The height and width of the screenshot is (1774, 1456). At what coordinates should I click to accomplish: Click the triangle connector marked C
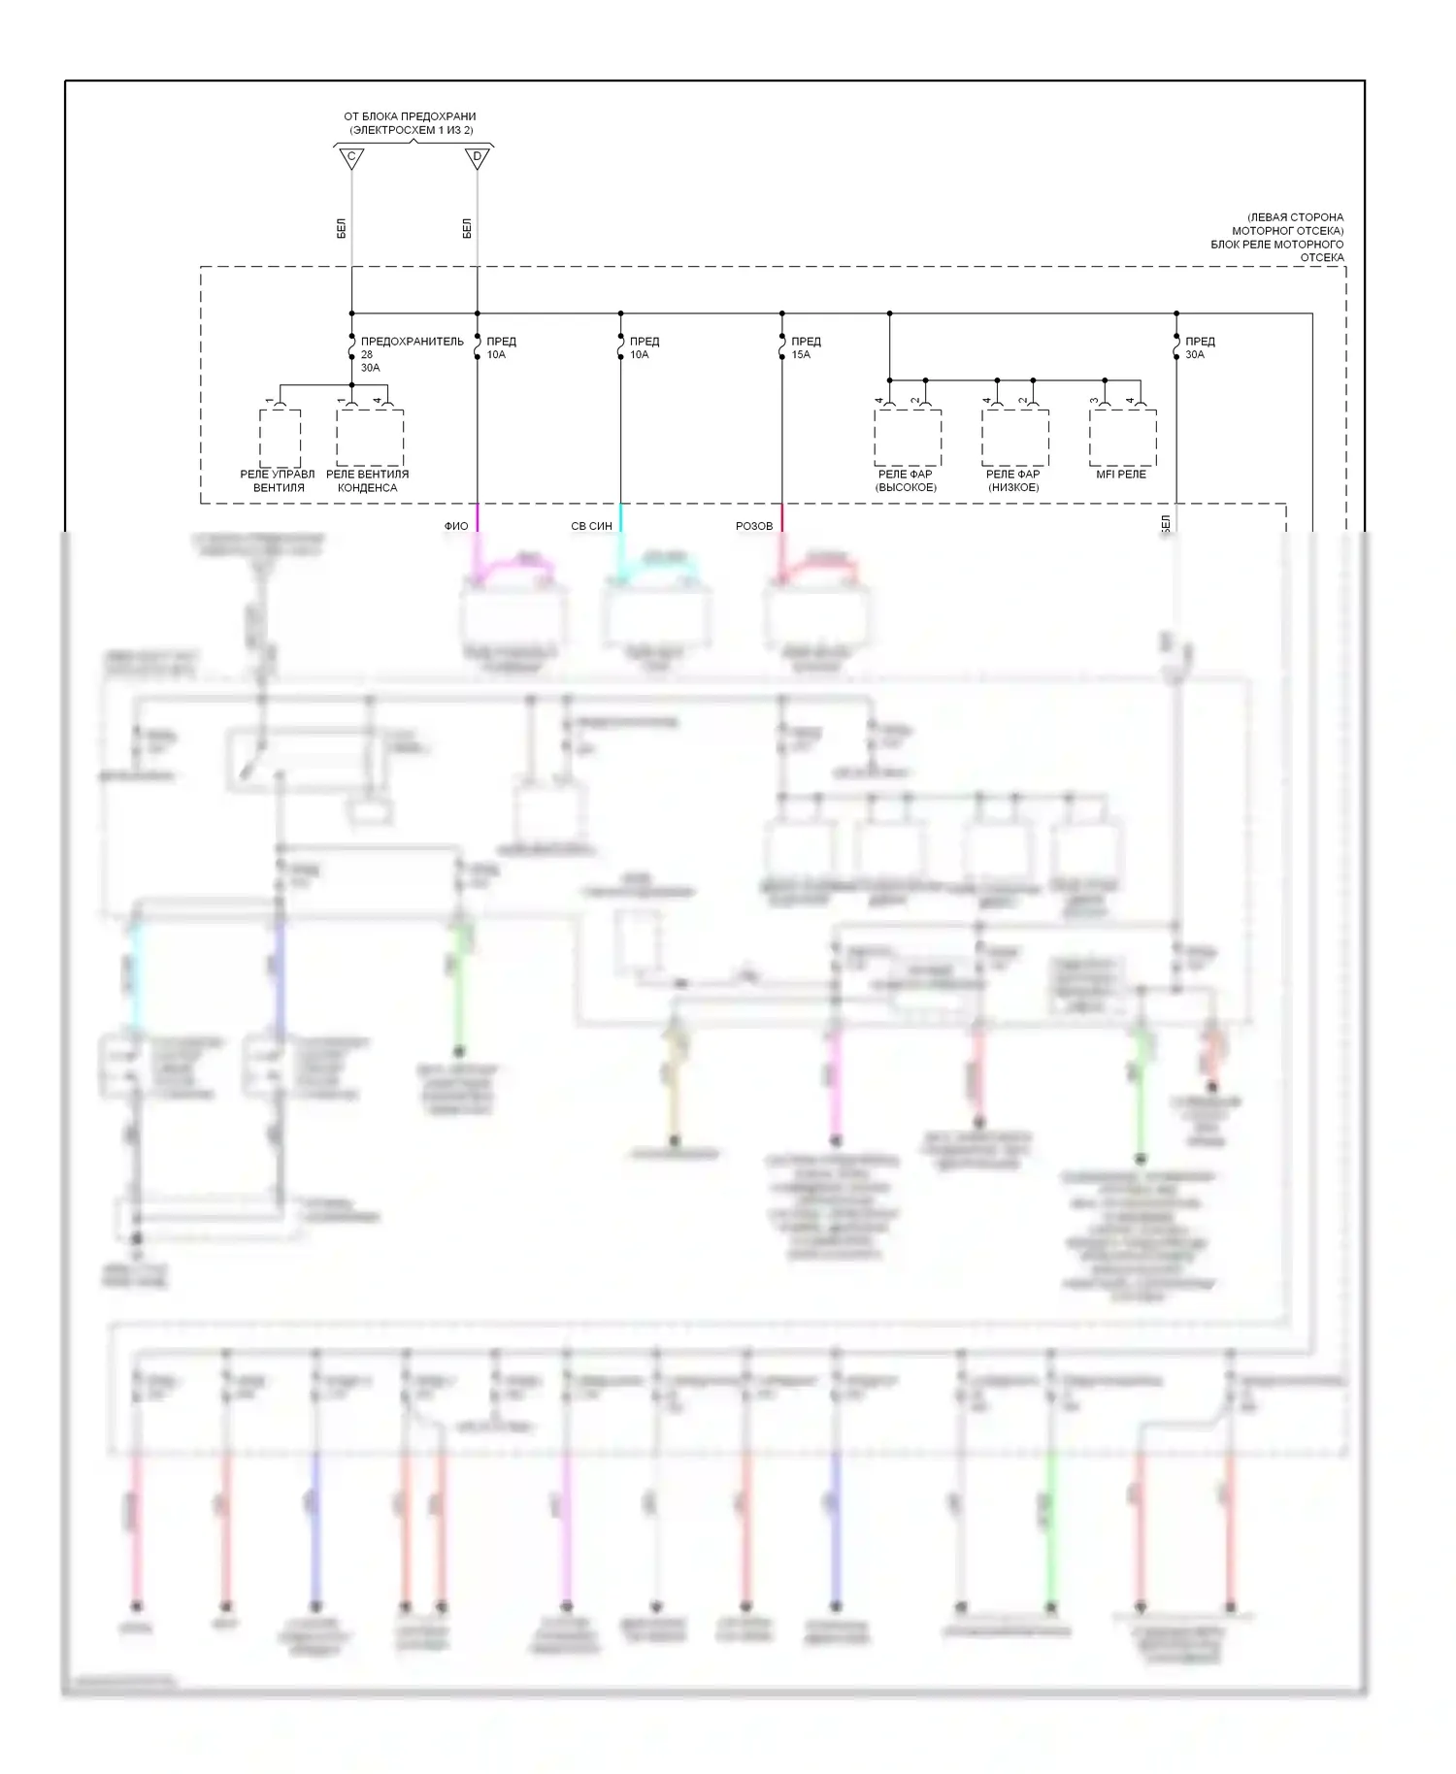coord(351,157)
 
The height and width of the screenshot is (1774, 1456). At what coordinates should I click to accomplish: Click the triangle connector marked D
coord(477,157)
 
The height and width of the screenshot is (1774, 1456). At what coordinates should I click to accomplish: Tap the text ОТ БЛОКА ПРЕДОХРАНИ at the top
coord(410,116)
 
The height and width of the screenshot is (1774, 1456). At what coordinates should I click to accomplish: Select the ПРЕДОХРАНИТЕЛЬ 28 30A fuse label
coord(411,354)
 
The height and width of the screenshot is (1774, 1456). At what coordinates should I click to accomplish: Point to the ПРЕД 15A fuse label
coord(805,347)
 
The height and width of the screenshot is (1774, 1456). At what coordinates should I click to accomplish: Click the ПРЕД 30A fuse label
coord(1199,347)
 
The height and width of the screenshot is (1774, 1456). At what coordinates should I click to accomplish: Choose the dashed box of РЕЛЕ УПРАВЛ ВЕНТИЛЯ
coord(280,438)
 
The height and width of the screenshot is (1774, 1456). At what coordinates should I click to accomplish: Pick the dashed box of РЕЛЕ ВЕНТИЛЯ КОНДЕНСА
coord(370,438)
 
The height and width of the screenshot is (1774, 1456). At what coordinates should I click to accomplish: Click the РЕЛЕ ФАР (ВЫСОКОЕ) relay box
coord(907,438)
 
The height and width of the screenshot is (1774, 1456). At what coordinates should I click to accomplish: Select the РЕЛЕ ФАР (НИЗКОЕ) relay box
coord(1014,438)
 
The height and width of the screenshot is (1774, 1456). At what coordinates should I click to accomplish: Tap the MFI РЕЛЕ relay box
coord(1122,438)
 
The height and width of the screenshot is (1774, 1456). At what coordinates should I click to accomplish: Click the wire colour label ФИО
coord(456,526)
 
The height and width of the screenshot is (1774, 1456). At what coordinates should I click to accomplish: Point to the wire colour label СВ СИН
coord(591,526)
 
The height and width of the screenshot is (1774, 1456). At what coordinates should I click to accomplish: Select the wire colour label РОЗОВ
coord(754,526)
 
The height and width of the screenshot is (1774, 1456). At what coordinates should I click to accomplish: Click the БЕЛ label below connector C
coord(342,229)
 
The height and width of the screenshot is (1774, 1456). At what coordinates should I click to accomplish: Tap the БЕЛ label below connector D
coord(467,229)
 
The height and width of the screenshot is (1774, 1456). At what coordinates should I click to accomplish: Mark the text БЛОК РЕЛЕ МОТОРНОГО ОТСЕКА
coord(1276,250)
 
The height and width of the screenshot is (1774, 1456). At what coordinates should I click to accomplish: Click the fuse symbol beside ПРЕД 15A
coord(781,347)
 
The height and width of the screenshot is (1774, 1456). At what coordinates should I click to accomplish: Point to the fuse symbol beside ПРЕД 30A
coord(1175,347)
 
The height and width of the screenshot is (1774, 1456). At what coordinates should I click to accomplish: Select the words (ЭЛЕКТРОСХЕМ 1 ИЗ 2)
coord(412,130)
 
